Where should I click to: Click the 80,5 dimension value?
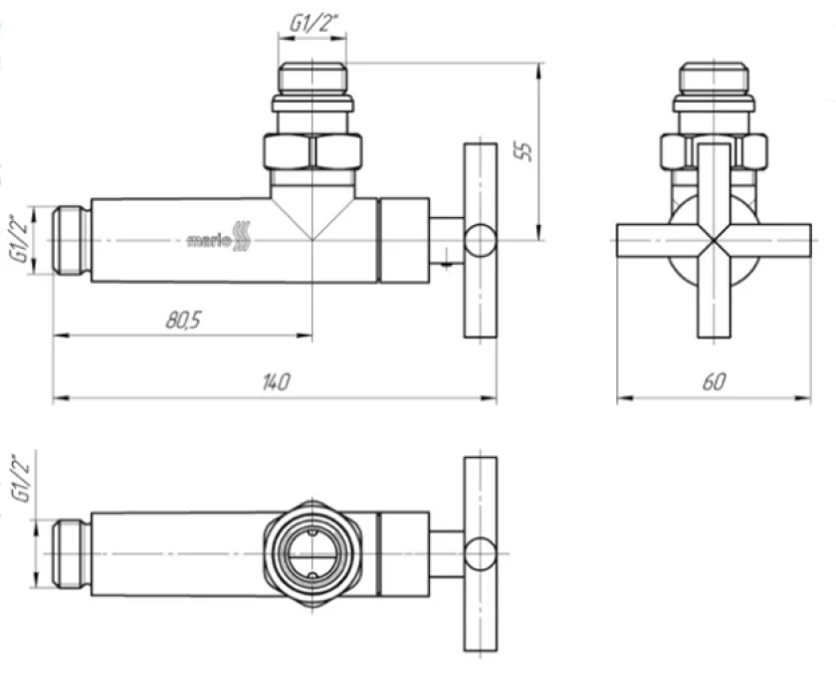(x=183, y=320)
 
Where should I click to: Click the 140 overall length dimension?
(x=277, y=381)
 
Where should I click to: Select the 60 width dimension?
(x=714, y=381)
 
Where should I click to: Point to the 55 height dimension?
(x=523, y=151)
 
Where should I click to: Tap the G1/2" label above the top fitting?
(x=314, y=23)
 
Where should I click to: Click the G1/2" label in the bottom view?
(x=22, y=479)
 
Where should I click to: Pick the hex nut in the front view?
(x=313, y=152)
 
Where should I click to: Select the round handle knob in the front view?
(x=480, y=241)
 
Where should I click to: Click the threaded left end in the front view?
(x=72, y=241)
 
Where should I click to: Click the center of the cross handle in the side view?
(x=714, y=241)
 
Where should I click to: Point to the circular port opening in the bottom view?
(x=313, y=554)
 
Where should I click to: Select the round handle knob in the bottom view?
(x=480, y=554)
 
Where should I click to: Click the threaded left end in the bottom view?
(x=72, y=554)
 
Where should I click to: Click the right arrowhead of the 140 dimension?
(x=489, y=397)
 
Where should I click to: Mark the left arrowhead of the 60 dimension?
(x=625, y=397)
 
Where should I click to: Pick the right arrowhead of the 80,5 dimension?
(x=304, y=336)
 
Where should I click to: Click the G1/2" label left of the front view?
(x=20, y=239)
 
